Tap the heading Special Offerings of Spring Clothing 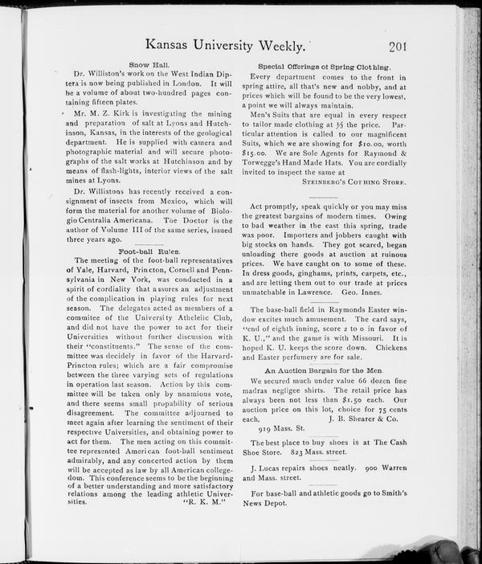click(323, 65)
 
